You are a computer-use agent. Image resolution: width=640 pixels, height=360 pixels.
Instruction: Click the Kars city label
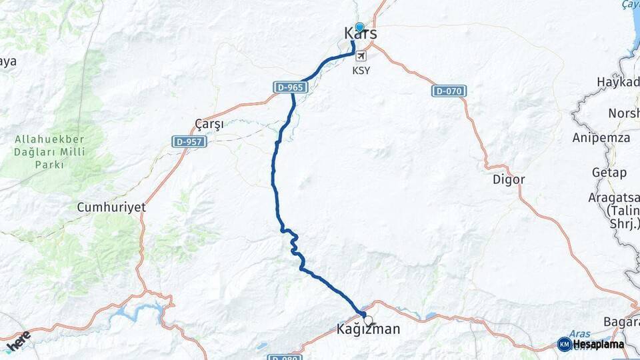(x=360, y=33)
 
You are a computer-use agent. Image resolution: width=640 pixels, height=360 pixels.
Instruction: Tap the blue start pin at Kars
(x=359, y=27)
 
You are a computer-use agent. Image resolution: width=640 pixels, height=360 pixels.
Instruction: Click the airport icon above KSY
(x=361, y=57)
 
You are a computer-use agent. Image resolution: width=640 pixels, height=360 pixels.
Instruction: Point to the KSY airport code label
(x=361, y=70)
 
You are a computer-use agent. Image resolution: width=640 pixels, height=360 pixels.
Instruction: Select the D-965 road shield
(x=289, y=87)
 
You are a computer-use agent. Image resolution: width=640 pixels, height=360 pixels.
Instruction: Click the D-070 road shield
(x=449, y=91)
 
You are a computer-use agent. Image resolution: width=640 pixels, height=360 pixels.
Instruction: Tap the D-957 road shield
(x=189, y=141)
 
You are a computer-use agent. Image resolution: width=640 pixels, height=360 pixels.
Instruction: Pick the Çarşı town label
(x=209, y=124)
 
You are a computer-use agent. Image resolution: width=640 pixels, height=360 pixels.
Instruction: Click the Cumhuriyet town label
(x=111, y=207)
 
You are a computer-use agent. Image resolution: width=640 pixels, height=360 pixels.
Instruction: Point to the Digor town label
(x=509, y=179)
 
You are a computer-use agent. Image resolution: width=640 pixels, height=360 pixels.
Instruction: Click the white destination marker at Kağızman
(x=368, y=321)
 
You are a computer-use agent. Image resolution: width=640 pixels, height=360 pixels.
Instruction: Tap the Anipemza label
(x=601, y=138)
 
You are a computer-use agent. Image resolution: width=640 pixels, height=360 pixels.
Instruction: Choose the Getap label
(x=609, y=173)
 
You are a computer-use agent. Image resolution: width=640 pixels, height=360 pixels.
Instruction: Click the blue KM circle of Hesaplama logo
(x=564, y=344)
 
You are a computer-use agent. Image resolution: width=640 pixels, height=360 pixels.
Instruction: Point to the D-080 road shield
(x=284, y=357)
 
